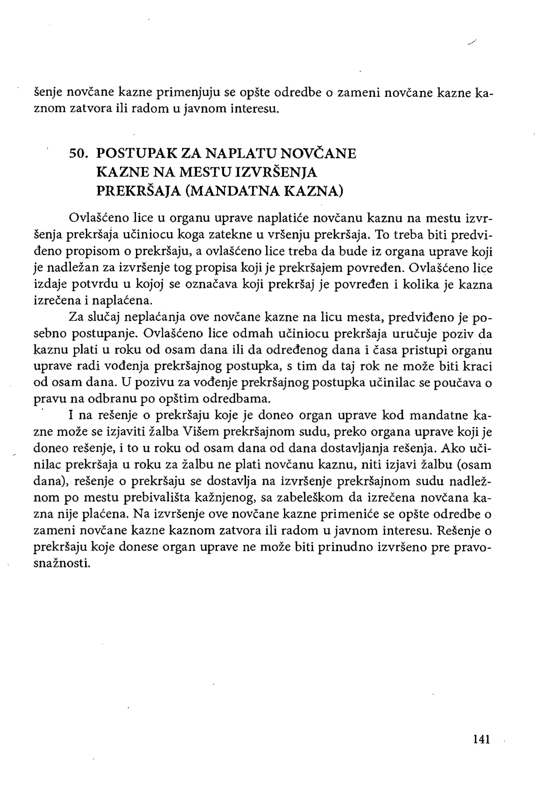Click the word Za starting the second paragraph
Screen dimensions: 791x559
76,317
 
